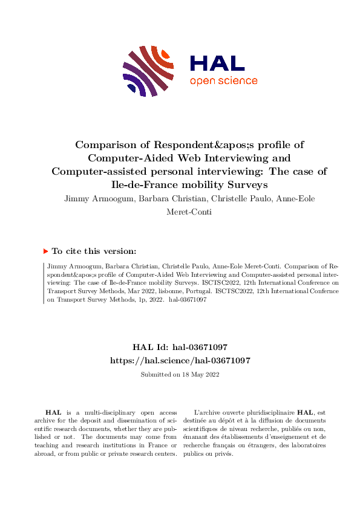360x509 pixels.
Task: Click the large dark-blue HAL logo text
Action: point(217,63)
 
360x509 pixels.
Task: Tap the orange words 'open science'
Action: point(223,81)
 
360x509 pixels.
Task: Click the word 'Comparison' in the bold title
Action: point(105,145)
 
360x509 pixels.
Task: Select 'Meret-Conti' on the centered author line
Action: point(180,212)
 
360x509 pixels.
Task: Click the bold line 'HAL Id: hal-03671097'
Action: point(180,348)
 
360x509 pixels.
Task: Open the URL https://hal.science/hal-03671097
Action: point(180,360)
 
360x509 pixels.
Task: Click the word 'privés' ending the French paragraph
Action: point(223,454)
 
